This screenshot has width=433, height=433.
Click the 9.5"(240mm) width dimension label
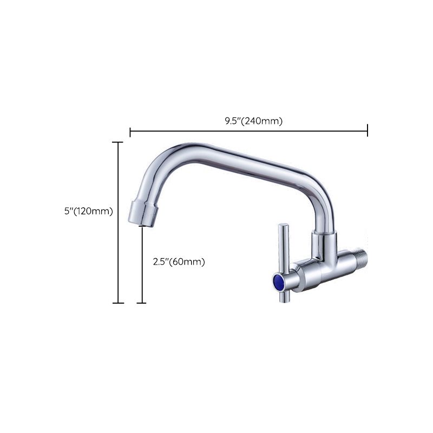pyautogui.click(x=254, y=121)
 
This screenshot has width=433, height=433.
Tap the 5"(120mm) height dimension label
pyautogui.click(x=88, y=212)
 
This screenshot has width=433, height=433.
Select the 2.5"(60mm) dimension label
pyautogui.click(x=178, y=262)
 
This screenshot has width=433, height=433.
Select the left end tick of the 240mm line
pyautogui.click(x=130, y=130)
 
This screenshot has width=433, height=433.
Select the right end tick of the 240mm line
pyautogui.click(x=368, y=130)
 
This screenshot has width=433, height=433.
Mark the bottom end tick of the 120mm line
pyautogui.click(x=117, y=303)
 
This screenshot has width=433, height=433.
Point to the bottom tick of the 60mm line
pyautogui.click(x=142, y=303)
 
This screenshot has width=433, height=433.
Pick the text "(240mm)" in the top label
pyautogui.click(x=263, y=121)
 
